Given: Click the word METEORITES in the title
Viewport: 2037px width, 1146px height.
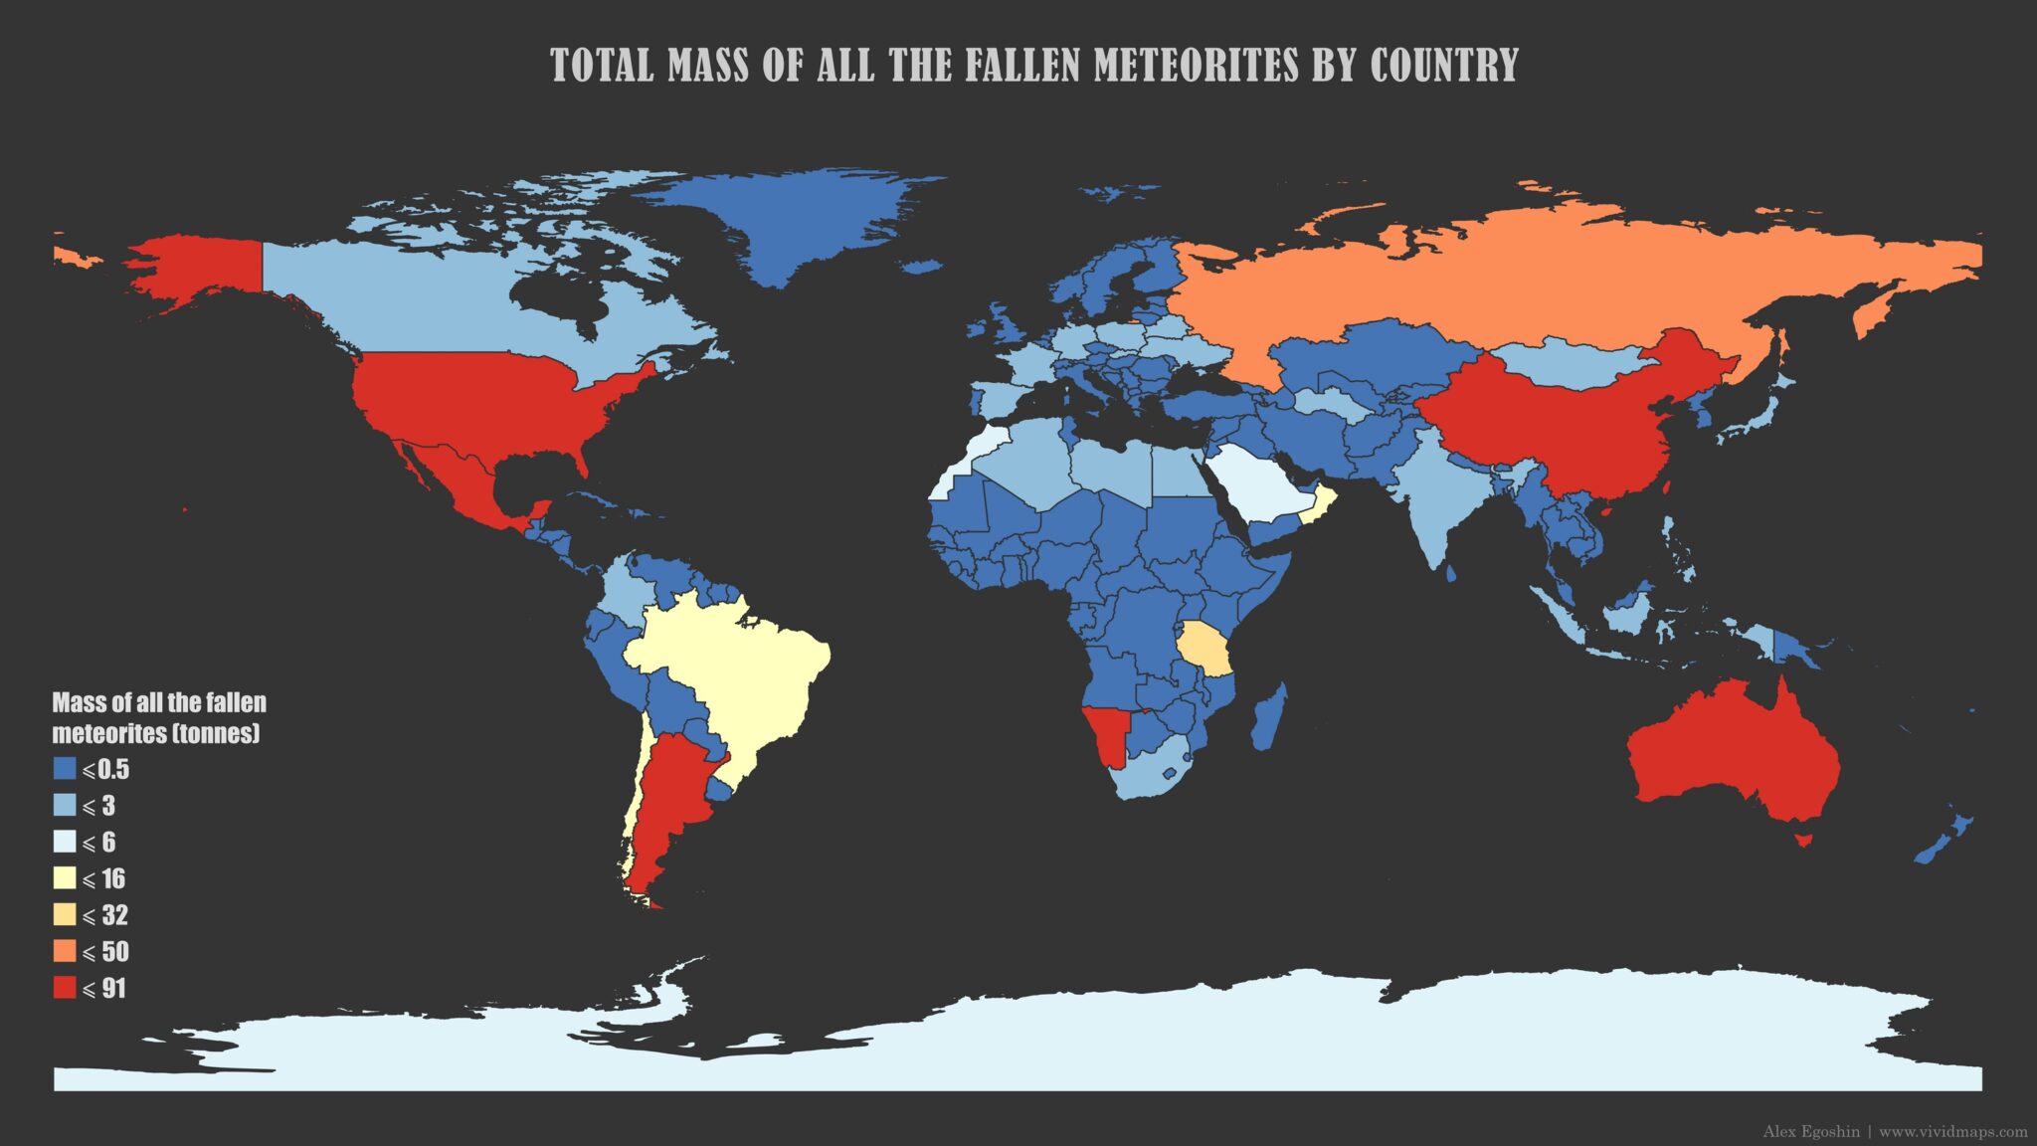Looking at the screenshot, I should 1196,66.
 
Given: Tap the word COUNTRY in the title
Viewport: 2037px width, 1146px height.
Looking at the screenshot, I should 1443,66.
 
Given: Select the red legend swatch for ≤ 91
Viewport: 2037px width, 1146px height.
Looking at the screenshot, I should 65,988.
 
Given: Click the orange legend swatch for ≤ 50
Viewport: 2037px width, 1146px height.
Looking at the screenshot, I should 65,951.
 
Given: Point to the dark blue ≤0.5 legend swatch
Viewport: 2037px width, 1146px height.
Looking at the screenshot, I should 65,769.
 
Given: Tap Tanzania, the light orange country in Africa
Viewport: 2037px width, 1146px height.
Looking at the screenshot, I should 1206,650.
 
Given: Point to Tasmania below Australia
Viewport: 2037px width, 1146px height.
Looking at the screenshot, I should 1802,841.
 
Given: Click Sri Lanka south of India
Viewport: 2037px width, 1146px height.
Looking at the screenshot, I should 1451,573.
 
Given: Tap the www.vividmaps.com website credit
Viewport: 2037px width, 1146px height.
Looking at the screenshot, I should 1952,1132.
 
